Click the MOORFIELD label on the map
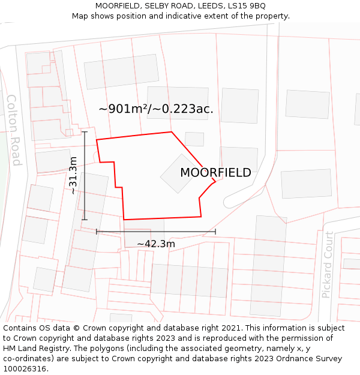point(215,173)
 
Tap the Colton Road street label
point(14,130)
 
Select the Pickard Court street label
point(327,273)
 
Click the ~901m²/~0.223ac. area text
point(156,109)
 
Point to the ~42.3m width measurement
point(156,244)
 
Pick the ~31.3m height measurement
point(73,175)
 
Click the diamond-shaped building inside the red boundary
point(179,174)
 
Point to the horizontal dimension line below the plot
point(156,231)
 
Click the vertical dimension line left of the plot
point(85,175)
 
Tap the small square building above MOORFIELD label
point(194,139)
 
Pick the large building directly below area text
point(178,103)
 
